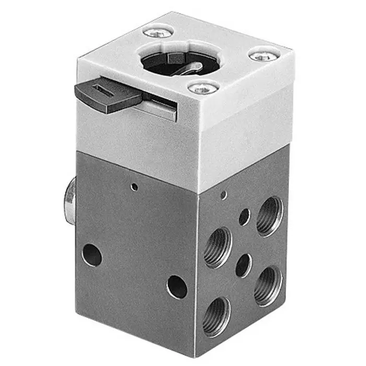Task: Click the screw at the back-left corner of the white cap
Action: click(x=158, y=33)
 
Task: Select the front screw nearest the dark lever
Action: click(x=203, y=87)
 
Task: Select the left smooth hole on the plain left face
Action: click(x=92, y=255)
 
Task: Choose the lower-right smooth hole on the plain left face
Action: click(x=177, y=287)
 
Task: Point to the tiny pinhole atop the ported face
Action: click(x=224, y=195)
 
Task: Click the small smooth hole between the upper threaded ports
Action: click(x=244, y=216)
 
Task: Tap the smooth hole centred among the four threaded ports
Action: click(x=243, y=265)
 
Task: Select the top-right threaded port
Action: click(x=270, y=216)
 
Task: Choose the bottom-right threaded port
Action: click(x=268, y=285)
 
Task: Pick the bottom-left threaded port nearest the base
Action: click(x=216, y=317)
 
